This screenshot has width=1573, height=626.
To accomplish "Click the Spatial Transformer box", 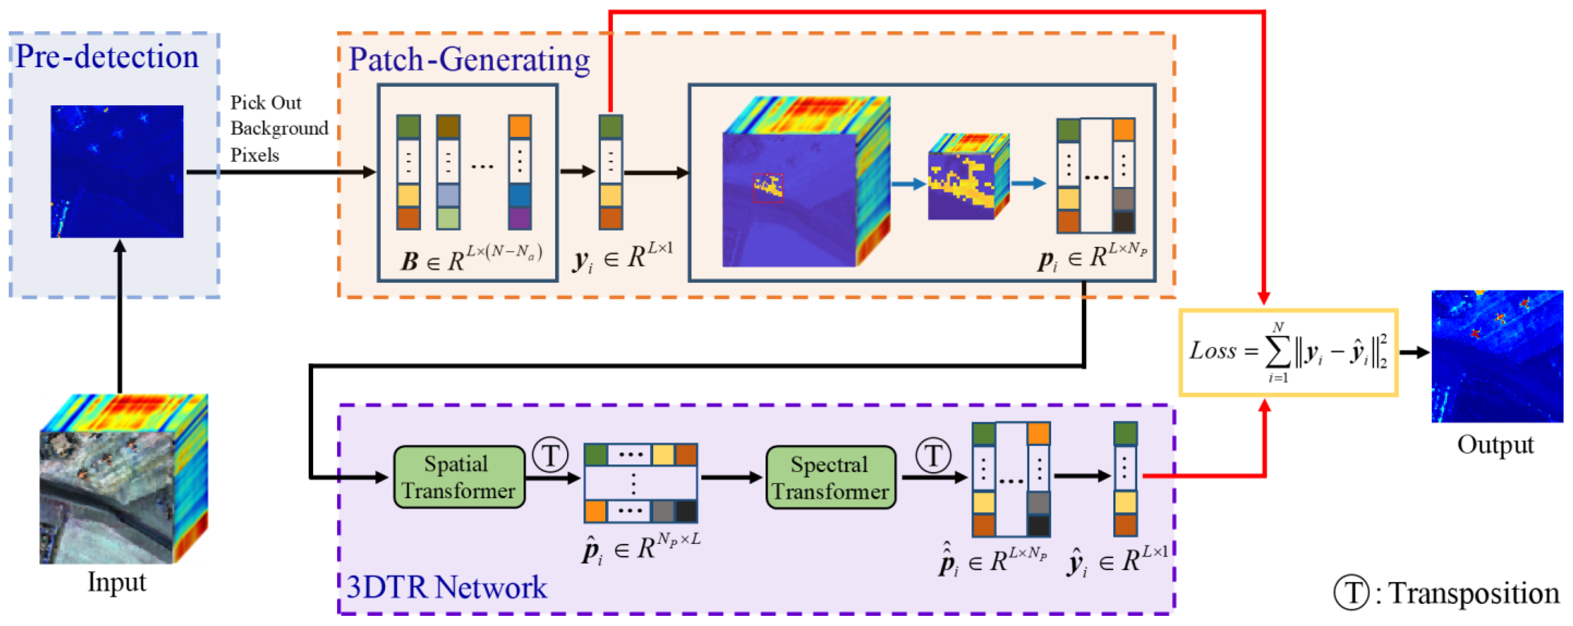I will [459, 477].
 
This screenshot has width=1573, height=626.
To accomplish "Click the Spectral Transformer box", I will [830, 477].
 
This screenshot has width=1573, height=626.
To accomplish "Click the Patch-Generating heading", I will [469, 60].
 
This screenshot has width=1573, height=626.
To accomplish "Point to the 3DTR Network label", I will [446, 587].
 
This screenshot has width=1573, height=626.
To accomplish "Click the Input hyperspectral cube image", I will [123, 479].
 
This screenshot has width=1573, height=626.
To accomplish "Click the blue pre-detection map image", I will [117, 172].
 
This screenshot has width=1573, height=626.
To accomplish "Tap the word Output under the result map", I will [1495, 444].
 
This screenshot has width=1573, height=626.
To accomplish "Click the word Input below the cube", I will [117, 581].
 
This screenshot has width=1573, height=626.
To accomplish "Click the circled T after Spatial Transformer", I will [550, 455].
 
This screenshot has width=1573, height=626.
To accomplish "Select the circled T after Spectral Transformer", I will [932, 455].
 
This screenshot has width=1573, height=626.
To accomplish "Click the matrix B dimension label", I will [471, 259].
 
